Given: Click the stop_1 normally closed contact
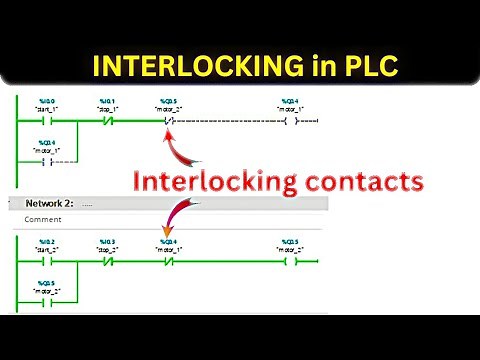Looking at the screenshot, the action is pos(108,122).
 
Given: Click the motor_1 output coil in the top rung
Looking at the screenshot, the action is pos(289,122).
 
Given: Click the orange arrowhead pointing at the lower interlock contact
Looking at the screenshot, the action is pos(166,236).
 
